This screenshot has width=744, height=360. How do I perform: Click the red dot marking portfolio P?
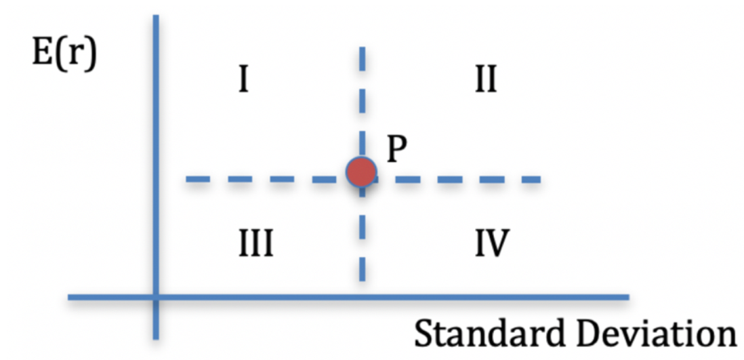[x=362, y=172]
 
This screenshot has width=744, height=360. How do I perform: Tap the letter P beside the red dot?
[x=397, y=150]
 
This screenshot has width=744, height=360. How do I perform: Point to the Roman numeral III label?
[x=255, y=243]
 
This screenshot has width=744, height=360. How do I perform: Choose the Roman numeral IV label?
[x=492, y=243]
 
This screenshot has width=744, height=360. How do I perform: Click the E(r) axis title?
[x=64, y=54]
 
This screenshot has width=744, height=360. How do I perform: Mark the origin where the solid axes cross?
[x=156, y=298]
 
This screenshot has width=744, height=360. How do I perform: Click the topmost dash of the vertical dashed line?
[x=362, y=58]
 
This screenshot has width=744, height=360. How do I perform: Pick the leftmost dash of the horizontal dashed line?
[x=198, y=180]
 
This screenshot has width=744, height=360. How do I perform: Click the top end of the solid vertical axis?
[x=156, y=16]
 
